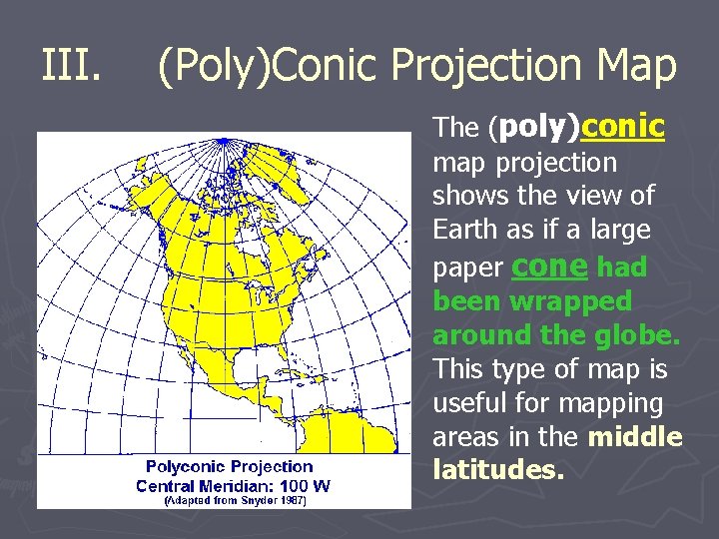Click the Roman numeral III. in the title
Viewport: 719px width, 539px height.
(73, 67)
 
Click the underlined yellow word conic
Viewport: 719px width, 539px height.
(622, 127)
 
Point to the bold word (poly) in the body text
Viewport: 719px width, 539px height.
(533, 128)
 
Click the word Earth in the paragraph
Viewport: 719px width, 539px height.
(465, 231)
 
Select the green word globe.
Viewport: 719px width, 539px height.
(636, 334)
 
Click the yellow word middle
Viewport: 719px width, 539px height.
(635, 437)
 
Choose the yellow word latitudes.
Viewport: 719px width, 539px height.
(494, 468)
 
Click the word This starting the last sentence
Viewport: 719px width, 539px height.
(458, 369)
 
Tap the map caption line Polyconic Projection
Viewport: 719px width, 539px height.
(229, 466)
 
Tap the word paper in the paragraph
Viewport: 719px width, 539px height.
(467, 268)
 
